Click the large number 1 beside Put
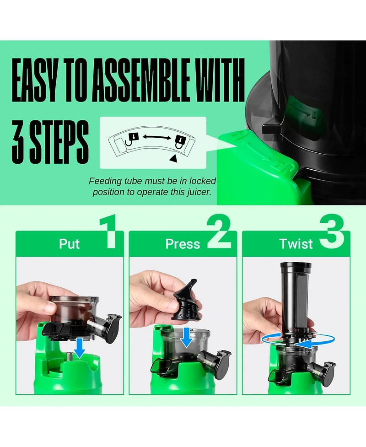(x=108, y=233)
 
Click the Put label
(x=69, y=244)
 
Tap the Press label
(x=183, y=244)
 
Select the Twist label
(x=296, y=244)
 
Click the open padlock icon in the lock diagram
(x=133, y=137)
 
